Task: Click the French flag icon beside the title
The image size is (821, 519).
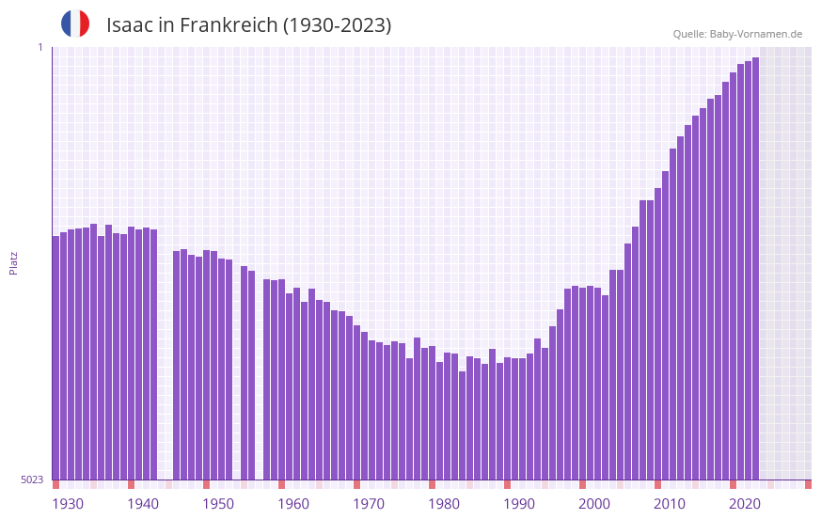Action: point(75,24)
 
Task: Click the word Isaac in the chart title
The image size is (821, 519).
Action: point(128,25)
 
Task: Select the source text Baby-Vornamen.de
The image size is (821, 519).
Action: point(755,34)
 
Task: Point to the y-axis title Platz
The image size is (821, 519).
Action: point(13,262)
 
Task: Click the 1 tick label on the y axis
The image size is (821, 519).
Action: point(39,47)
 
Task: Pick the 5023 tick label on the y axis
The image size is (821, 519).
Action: point(32,480)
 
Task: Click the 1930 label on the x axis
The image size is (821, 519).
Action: point(68,504)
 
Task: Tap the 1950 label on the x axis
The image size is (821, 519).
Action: point(218,504)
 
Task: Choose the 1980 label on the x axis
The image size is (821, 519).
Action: point(444,504)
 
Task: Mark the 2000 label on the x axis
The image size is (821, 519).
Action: point(594,504)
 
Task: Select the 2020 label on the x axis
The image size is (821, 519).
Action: point(745,504)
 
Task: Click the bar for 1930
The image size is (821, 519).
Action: point(55,357)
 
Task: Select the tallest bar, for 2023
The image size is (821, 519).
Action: point(755,268)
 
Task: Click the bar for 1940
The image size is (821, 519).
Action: point(131,353)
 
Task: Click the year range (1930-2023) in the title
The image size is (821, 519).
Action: point(337,25)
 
